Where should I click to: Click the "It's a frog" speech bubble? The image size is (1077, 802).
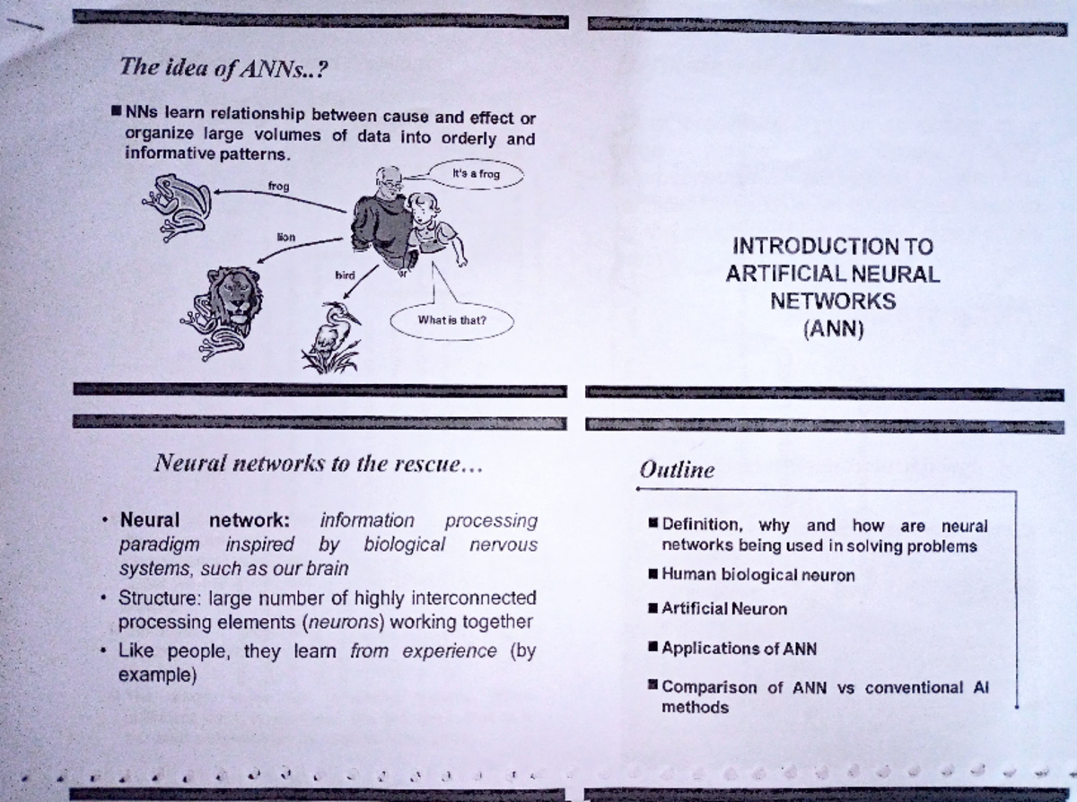(x=476, y=174)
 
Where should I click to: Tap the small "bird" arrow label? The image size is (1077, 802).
(x=344, y=275)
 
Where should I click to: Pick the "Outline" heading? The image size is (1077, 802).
(x=677, y=469)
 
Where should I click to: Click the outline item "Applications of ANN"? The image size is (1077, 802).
(x=739, y=649)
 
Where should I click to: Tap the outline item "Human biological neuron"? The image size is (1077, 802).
(x=757, y=575)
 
